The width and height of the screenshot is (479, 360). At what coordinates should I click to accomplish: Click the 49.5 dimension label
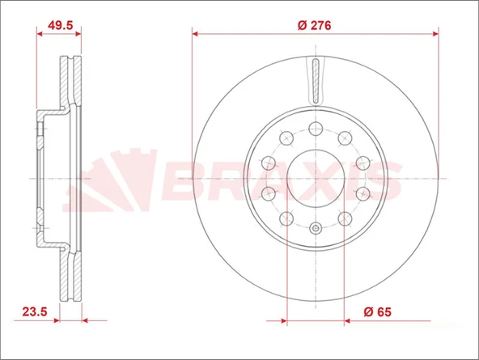tap(61, 25)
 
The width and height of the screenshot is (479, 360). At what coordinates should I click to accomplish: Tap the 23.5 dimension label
tap(35, 311)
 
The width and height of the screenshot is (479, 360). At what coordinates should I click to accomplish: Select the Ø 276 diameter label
tap(314, 25)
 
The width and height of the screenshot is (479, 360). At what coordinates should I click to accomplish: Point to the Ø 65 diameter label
tap(377, 311)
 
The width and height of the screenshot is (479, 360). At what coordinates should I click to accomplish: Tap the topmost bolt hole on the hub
tap(316, 129)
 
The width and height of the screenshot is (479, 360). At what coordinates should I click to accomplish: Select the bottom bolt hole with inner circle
tap(316, 228)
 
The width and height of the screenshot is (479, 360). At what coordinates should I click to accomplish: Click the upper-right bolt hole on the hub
tap(345, 138)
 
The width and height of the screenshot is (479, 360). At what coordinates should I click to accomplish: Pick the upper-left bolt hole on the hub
tap(286, 138)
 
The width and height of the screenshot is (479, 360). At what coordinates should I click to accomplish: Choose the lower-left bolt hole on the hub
tap(286, 218)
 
